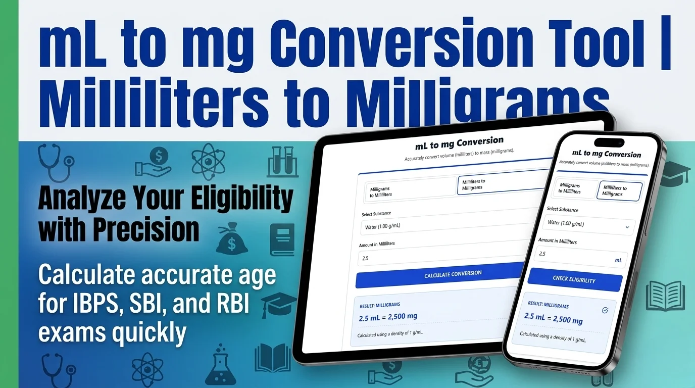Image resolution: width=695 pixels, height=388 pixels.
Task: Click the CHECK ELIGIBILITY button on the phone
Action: [x=574, y=279]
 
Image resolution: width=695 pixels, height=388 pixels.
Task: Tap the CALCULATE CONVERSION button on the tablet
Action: [x=453, y=274]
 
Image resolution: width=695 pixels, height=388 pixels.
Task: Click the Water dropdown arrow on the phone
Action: [x=627, y=227]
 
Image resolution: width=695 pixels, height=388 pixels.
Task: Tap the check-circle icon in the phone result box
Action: [x=605, y=310]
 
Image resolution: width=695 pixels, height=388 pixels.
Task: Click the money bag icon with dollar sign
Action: [x=232, y=240]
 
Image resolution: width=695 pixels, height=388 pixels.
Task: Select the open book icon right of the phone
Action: [x=665, y=295]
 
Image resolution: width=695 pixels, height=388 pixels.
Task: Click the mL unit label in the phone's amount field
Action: [x=618, y=260]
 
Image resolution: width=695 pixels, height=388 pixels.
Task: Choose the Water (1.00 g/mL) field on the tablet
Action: [x=444, y=226]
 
